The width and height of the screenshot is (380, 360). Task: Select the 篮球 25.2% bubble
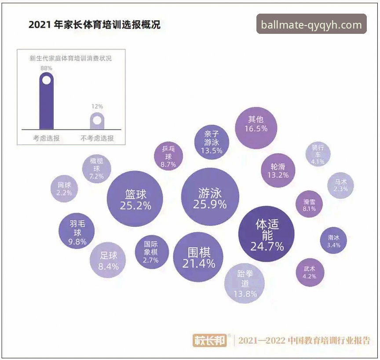tap(135, 199)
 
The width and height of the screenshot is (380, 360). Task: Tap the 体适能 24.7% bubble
tap(267, 234)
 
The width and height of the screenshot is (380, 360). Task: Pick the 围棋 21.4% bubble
tap(198, 257)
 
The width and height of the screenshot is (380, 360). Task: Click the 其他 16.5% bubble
tap(256, 124)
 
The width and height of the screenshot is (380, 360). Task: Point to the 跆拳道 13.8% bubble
tap(245, 284)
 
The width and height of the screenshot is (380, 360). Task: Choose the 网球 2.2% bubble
tap(64, 189)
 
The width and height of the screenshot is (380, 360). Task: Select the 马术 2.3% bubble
tap(340, 185)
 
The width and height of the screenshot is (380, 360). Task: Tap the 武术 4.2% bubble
tap(310, 272)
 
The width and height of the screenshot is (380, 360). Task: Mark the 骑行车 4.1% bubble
tap(318, 154)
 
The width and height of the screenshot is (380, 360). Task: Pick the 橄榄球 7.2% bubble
tap(96, 168)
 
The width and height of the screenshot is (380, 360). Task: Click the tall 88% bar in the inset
tap(46, 101)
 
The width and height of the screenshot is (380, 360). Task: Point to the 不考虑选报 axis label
tap(97, 138)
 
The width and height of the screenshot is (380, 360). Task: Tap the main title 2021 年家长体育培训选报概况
tap(94, 25)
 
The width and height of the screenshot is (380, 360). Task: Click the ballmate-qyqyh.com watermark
tap(311, 25)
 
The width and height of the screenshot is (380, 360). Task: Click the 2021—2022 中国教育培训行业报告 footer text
tap(304, 340)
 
